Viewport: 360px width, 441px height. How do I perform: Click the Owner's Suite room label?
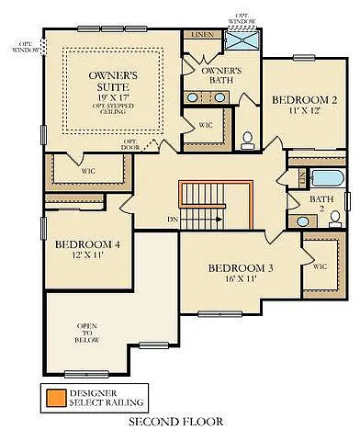114,79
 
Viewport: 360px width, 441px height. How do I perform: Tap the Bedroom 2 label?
304,99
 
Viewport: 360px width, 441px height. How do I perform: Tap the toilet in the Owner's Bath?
247,141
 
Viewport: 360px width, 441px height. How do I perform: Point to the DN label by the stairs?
172,220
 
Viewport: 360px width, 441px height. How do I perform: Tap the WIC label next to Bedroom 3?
320,266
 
